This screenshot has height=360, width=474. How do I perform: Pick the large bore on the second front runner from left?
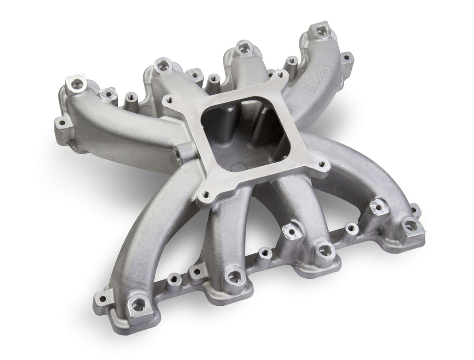[x=233, y=276]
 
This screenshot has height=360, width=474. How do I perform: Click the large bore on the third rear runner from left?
[x=244, y=46]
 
